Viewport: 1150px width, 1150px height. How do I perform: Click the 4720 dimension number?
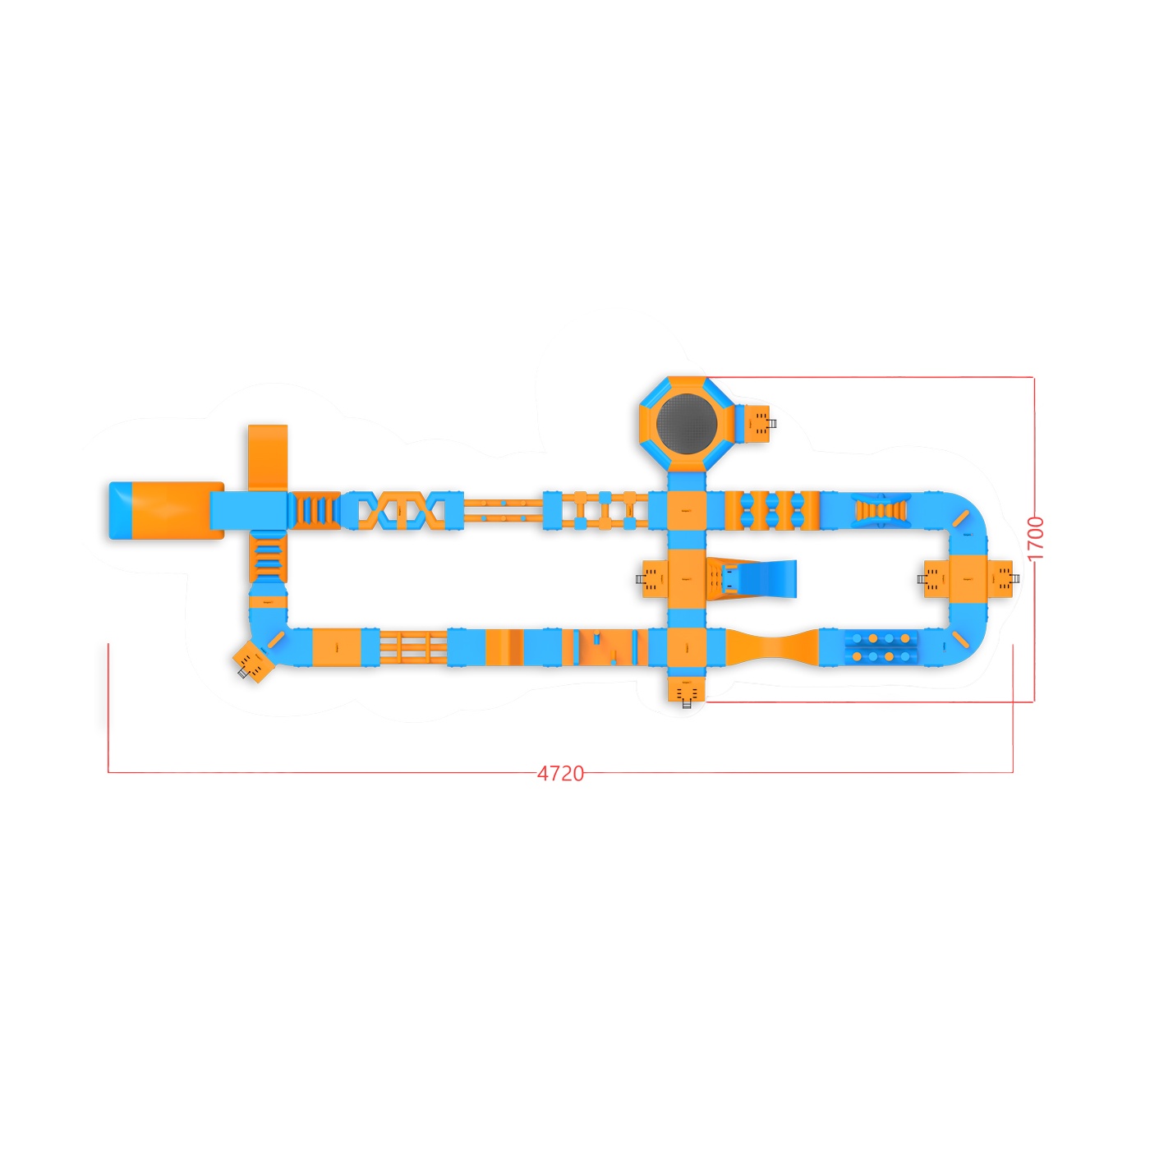[559, 774]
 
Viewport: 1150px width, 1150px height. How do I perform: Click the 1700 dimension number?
[1036, 538]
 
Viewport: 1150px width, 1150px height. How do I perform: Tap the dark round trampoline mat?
[686, 422]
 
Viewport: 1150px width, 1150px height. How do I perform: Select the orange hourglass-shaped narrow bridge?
[773, 647]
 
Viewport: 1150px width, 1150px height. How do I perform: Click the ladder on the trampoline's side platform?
[771, 424]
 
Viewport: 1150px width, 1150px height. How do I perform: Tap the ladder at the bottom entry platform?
[686, 704]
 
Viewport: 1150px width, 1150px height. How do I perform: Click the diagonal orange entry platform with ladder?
[253, 661]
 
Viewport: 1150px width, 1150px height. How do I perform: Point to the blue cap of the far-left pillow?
[120, 510]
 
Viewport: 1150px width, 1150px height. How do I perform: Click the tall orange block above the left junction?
[268, 458]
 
